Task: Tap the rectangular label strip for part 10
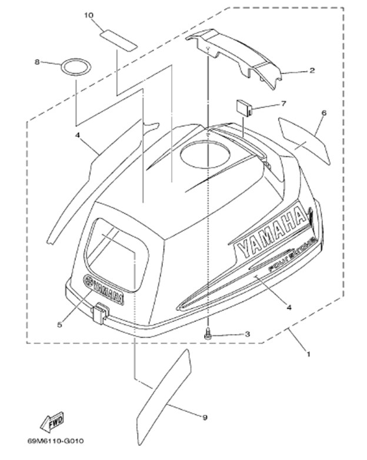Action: point(118,38)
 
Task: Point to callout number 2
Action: point(312,70)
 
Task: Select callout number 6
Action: point(324,112)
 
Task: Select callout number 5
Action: point(59,324)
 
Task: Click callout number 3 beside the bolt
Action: point(247,334)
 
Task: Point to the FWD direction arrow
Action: point(51,421)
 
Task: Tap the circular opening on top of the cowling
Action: point(203,156)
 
